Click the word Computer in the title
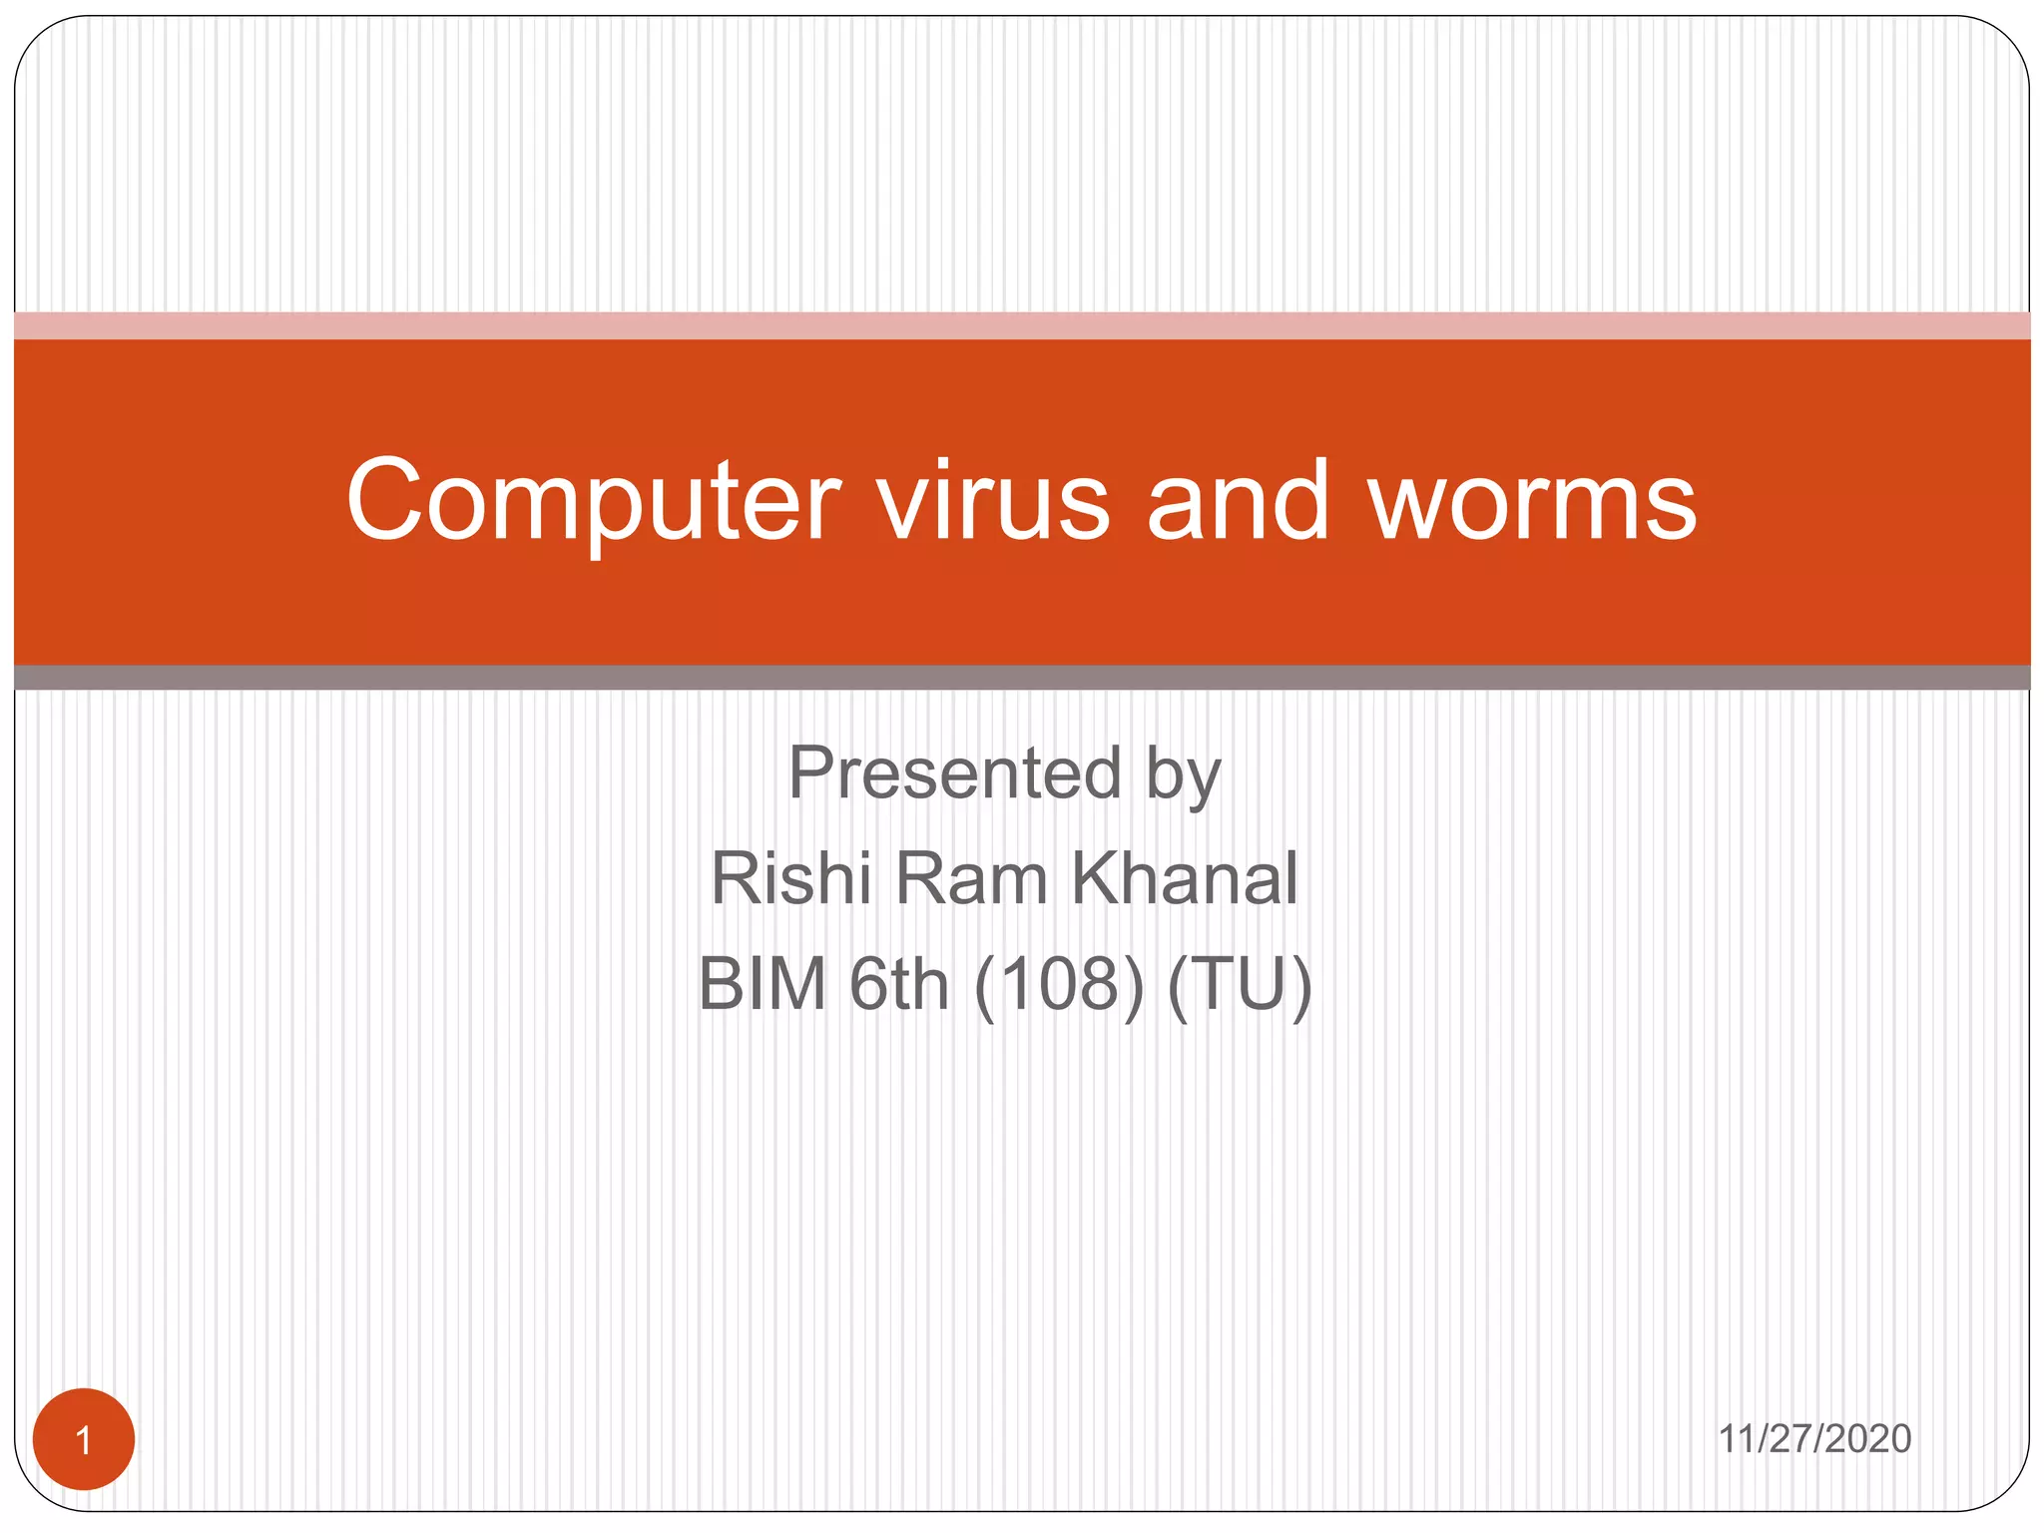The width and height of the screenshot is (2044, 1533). pyautogui.click(x=594, y=502)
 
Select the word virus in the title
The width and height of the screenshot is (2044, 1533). pyautogui.click(x=993, y=502)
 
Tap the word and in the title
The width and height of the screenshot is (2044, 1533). pyautogui.click(x=1238, y=502)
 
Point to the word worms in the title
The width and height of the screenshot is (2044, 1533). pyautogui.click(x=1532, y=502)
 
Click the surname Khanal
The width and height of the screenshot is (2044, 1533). pyautogui.click(x=1184, y=879)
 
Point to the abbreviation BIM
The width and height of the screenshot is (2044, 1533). pyautogui.click(x=763, y=984)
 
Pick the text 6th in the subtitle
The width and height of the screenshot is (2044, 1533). pyautogui.click(x=898, y=984)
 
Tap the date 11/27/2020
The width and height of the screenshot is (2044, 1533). pyautogui.click(x=1813, y=1439)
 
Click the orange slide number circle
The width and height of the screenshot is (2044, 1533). pyautogui.click(x=84, y=1439)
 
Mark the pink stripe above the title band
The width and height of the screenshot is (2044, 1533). pyautogui.click(x=1022, y=325)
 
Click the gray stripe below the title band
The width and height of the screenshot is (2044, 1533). pyautogui.click(x=1022, y=678)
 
